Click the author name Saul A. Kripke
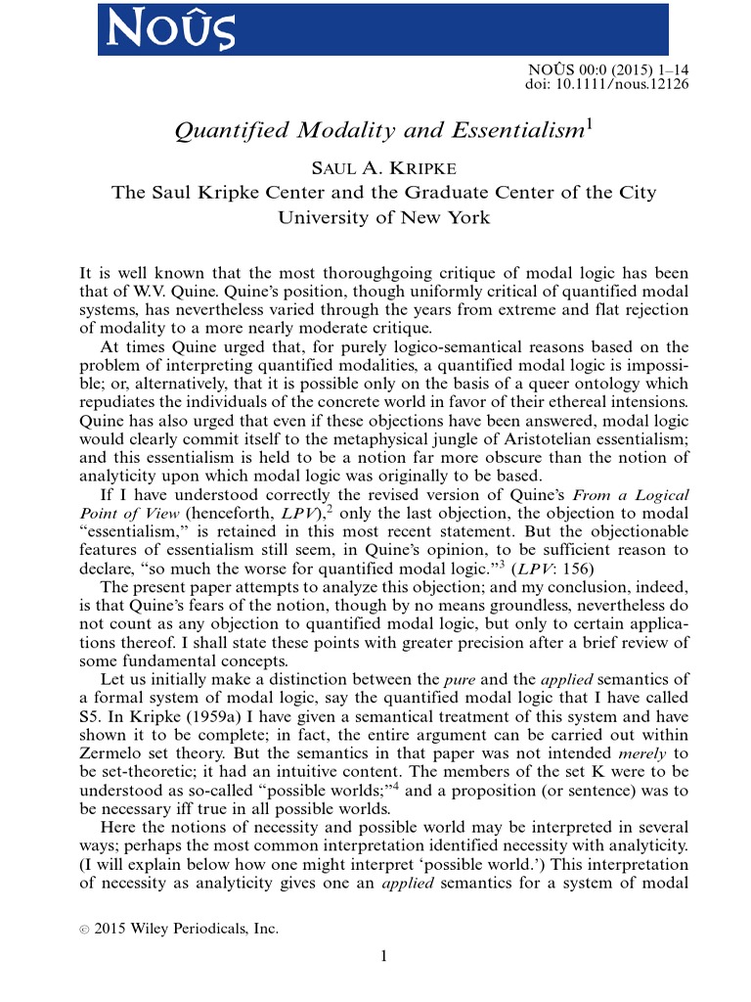[383, 165]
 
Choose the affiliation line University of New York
[383, 216]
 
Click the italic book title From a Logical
[631, 495]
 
